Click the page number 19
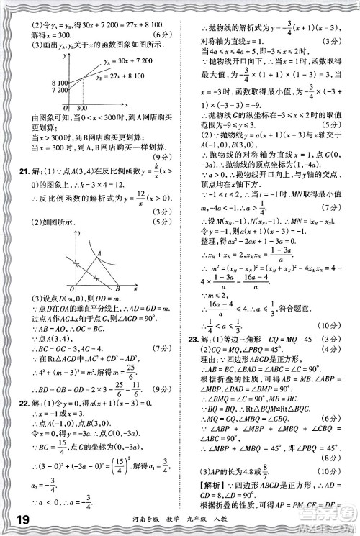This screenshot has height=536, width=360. pyautogui.click(x=22, y=519)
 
